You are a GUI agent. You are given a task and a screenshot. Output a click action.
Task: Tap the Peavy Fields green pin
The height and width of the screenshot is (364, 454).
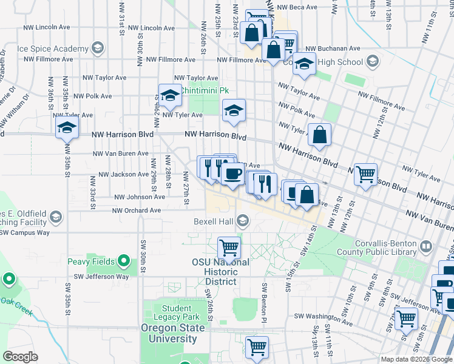click(x=124, y=261)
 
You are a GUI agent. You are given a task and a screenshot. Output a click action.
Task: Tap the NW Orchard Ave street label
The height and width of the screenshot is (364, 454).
click(x=137, y=211)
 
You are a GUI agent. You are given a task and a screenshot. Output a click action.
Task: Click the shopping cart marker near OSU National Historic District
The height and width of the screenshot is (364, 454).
click(x=229, y=247)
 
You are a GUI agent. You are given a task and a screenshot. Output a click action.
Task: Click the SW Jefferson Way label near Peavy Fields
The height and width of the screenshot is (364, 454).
click(x=101, y=276)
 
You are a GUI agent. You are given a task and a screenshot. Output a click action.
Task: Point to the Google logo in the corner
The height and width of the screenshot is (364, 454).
click(x=20, y=357)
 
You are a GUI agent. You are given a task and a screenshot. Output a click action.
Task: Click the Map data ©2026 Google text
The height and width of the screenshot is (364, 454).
click(x=416, y=359)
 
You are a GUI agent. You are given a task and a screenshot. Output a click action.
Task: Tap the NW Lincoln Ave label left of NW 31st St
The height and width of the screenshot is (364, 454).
click(x=44, y=28)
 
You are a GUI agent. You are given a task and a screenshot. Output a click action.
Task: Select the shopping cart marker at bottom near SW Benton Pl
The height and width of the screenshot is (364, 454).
click(x=257, y=346)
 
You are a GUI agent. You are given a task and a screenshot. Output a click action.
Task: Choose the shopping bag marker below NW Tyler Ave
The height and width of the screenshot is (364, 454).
click(x=319, y=135)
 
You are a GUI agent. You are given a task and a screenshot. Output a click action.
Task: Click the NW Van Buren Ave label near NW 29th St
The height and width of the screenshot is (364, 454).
click(x=121, y=153)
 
